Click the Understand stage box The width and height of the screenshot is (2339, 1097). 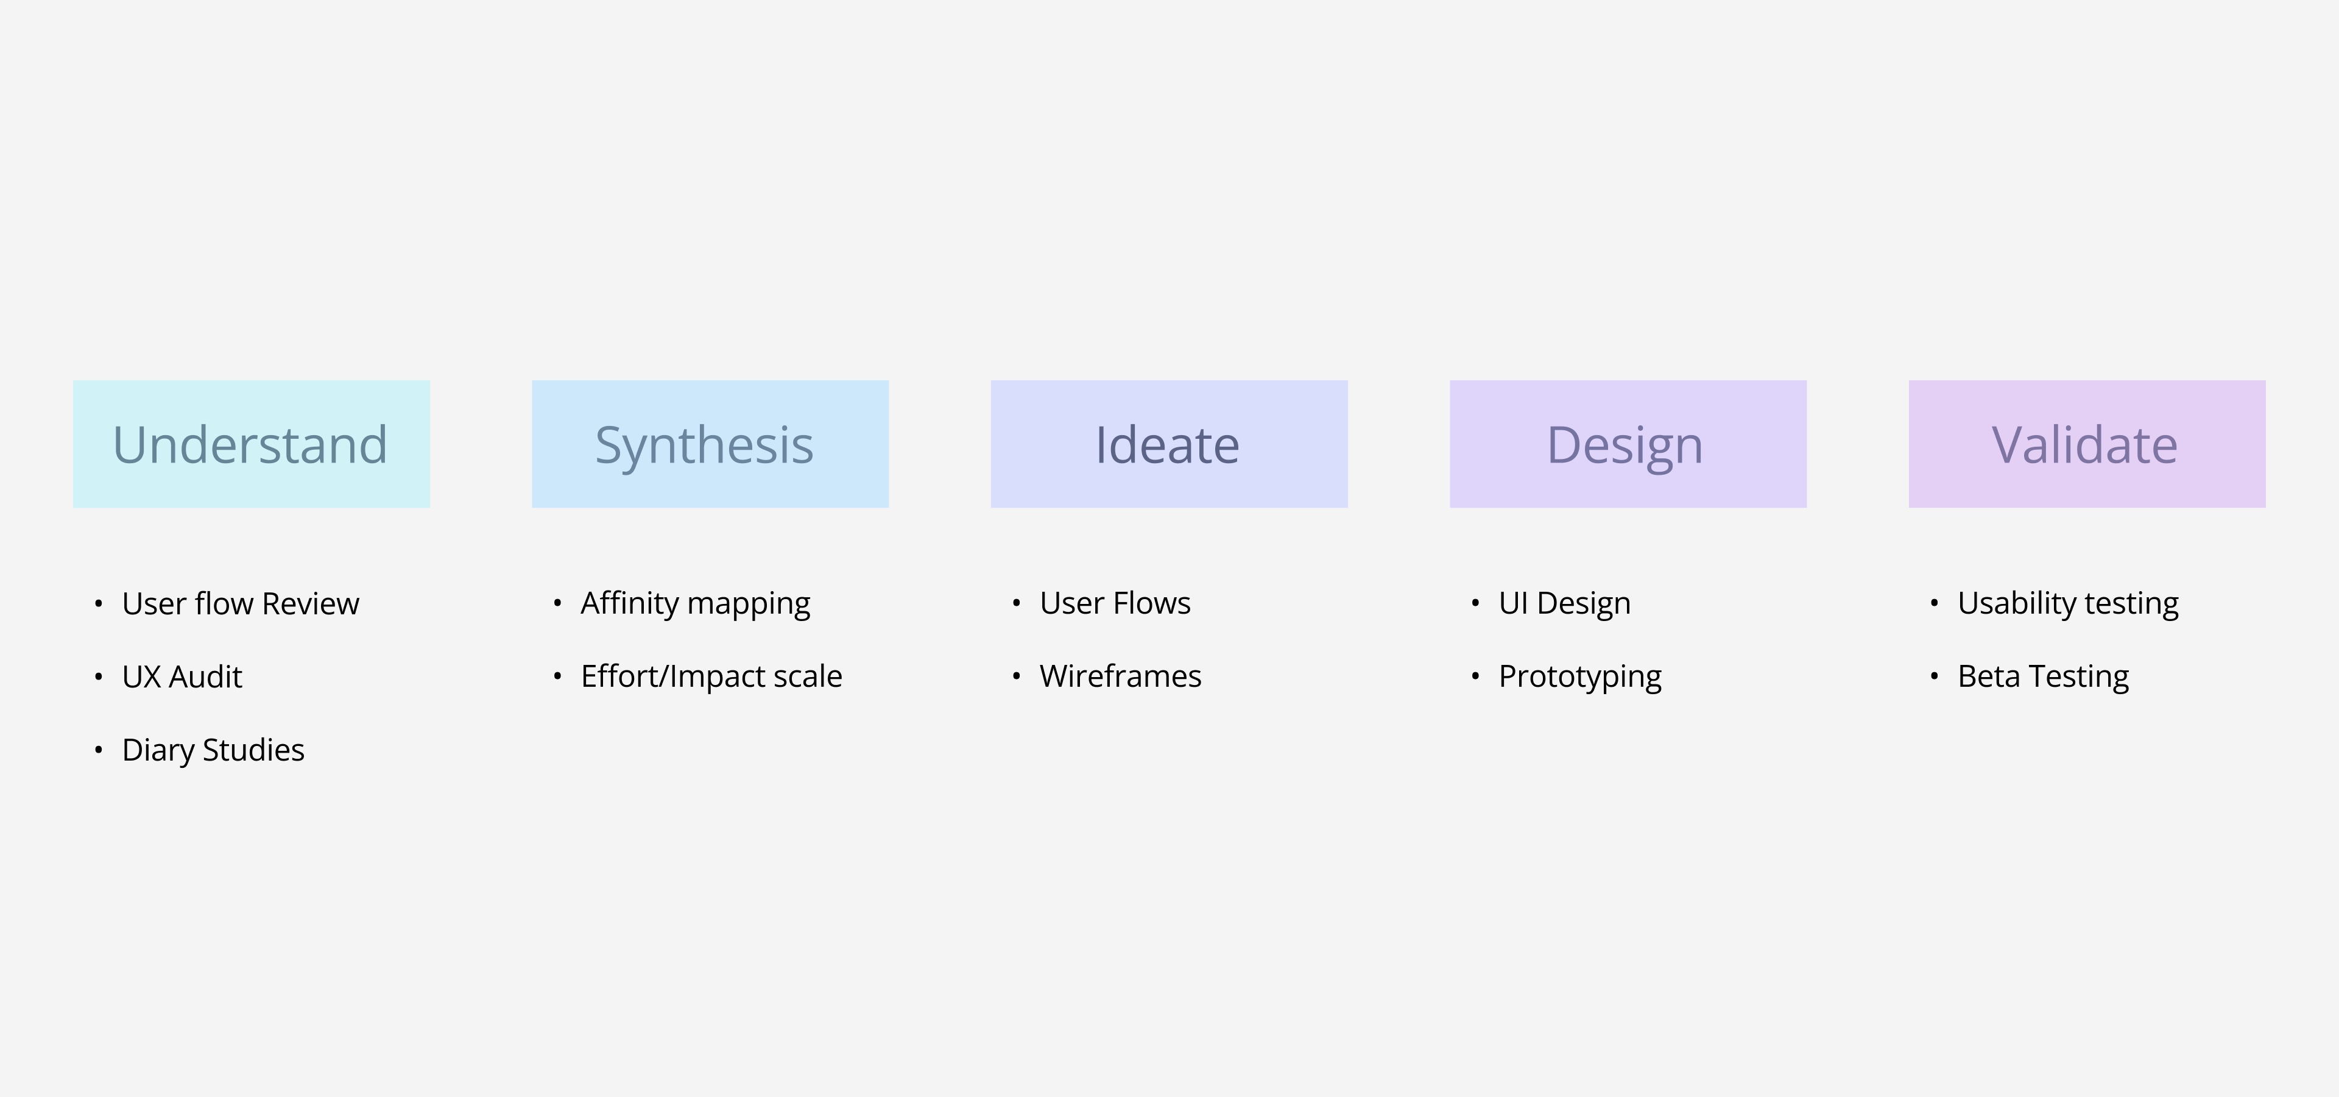point(252,444)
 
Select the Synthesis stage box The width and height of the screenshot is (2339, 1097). point(710,444)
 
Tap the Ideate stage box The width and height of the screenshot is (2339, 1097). point(1169,444)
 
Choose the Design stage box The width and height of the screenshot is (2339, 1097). point(1628,444)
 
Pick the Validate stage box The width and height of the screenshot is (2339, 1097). point(2087,444)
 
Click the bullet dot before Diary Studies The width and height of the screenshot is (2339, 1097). point(98,750)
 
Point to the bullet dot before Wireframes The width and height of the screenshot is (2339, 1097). point(1016,676)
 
